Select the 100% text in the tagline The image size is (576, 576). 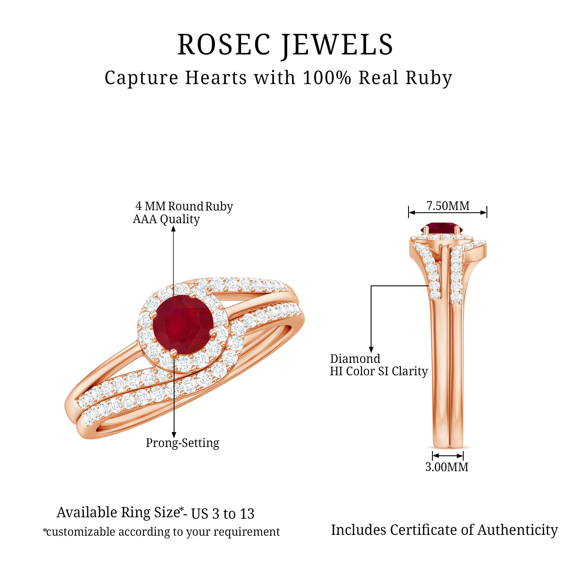click(x=327, y=78)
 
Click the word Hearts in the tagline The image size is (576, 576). click(x=216, y=78)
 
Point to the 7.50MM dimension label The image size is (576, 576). click(x=448, y=206)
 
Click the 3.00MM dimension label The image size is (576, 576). click(x=447, y=467)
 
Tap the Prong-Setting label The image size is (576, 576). click(x=183, y=443)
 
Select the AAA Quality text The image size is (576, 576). click(x=166, y=219)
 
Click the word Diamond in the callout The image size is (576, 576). click(x=355, y=359)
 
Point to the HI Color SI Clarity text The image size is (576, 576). click(x=379, y=371)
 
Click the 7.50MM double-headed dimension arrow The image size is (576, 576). click(x=448, y=213)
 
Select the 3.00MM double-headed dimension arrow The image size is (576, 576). click(x=448, y=456)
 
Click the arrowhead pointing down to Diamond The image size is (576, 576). click(x=371, y=349)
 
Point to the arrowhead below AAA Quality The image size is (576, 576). click(x=173, y=229)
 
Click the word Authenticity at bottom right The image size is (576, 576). click(x=517, y=530)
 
